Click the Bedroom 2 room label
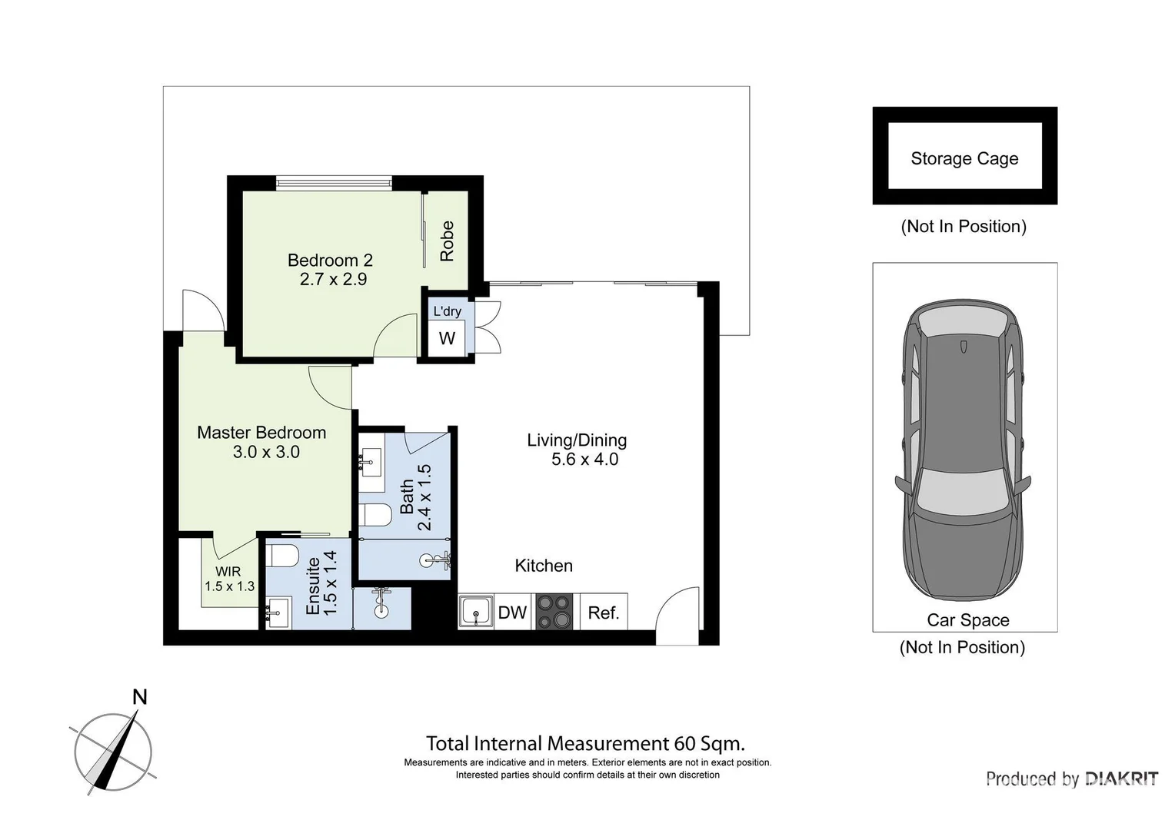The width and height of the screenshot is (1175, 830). coord(330,261)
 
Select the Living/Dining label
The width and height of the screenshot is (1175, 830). coord(577,440)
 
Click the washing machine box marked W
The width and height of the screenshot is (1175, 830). coord(447,338)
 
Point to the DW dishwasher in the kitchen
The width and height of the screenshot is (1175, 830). coord(512,613)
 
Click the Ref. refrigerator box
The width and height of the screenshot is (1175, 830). coord(604,613)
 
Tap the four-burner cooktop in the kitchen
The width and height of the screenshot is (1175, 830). coord(554,612)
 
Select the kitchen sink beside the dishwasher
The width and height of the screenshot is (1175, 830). coord(476,613)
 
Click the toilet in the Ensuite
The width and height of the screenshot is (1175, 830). coord(282,555)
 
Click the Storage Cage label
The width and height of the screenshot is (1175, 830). coord(964,158)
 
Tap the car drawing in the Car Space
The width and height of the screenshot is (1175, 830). coord(963,450)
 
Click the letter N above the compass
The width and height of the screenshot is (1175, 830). coord(140,697)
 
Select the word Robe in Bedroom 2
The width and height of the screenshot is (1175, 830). coord(447,241)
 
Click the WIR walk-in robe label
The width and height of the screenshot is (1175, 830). coord(228,572)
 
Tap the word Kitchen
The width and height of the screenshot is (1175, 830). coord(544,566)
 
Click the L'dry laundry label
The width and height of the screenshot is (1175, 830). coord(447,311)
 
